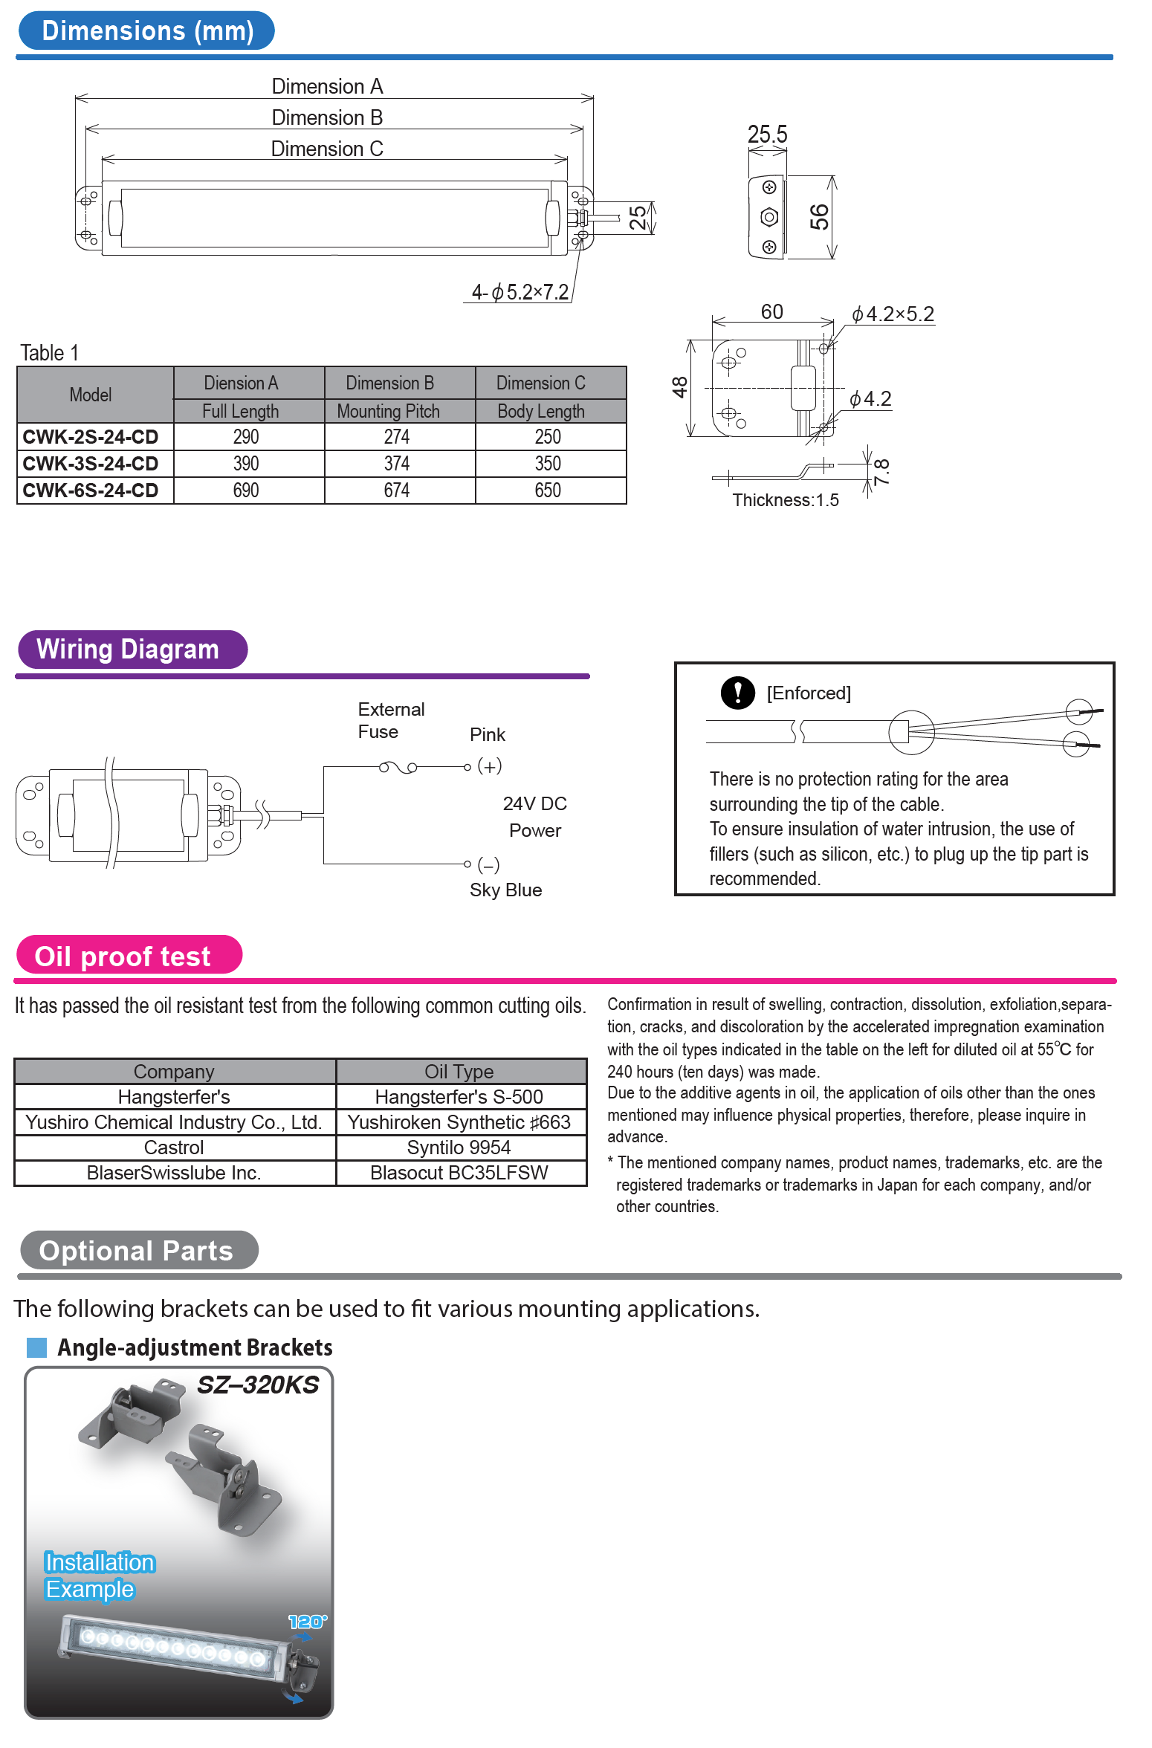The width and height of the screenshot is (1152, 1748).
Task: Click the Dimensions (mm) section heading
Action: coord(146,31)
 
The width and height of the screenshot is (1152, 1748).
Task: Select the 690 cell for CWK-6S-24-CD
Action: coord(246,491)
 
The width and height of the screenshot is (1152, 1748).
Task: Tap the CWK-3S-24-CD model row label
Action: coord(91,464)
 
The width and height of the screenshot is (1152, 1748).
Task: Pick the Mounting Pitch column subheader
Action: coord(388,411)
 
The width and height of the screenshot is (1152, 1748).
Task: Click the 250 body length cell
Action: coord(548,437)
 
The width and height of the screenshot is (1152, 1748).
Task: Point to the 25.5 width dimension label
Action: coord(767,135)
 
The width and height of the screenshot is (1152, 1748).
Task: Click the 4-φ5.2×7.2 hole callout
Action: coord(520,292)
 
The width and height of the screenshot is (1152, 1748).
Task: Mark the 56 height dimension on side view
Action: coord(819,217)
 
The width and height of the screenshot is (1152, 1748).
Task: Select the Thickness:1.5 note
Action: coord(785,500)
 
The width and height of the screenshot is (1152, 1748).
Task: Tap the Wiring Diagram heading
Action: coord(128,650)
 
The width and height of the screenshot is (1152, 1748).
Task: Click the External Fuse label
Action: coord(391,720)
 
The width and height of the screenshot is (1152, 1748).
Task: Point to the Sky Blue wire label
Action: coord(505,890)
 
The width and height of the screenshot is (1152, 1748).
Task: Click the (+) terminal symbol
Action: coord(489,766)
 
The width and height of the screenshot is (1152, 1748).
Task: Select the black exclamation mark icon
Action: coord(737,693)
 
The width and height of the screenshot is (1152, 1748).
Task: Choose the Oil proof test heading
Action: coord(123,956)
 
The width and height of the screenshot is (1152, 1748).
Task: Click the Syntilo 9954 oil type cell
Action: coord(459,1147)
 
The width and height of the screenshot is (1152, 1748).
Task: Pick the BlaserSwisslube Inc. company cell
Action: coord(174,1173)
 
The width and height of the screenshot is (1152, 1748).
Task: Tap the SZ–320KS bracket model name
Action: coord(258,1385)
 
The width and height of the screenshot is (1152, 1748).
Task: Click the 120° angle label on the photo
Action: coord(307,1622)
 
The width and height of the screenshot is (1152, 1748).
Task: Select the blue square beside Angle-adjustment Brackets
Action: coord(37,1347)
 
